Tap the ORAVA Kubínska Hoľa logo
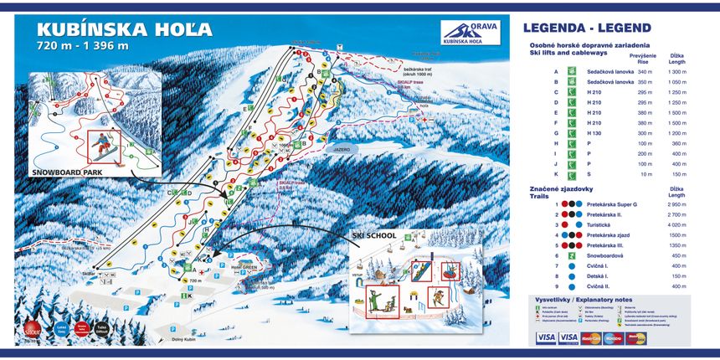pyautogui.click(x=471, y=33)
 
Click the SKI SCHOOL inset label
pyautogui.click(x=374, y=237)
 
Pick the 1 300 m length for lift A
pyautogui.click(x=676, y=72)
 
